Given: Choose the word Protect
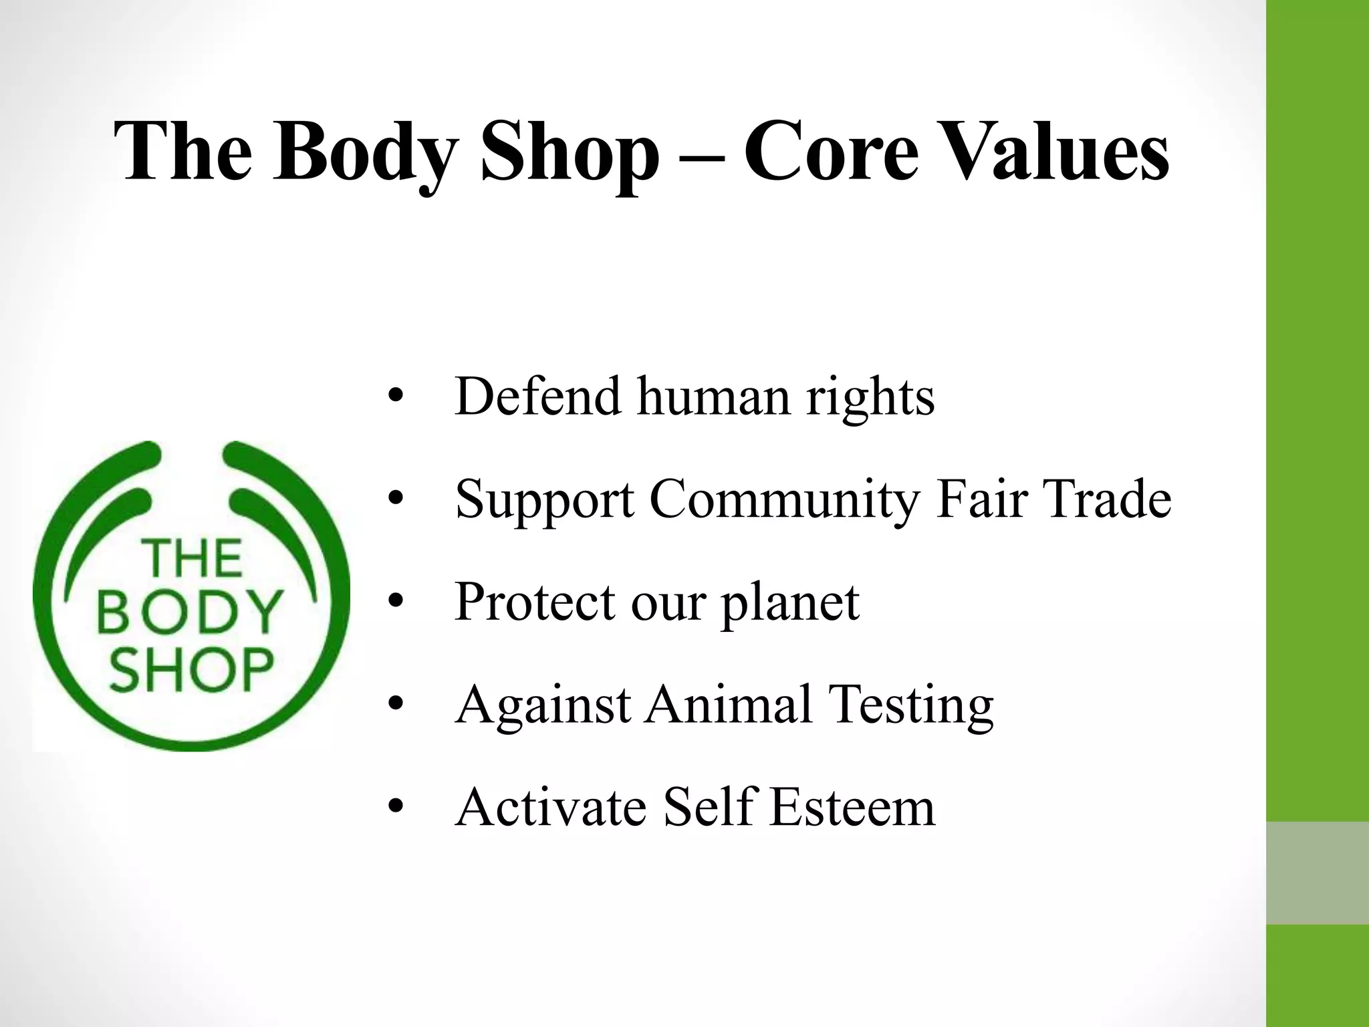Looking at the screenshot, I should pos(535,602).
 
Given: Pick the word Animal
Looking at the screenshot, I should pos(729,705).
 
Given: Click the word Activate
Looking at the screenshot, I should pos(551,807).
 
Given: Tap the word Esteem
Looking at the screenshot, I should pos(852,807).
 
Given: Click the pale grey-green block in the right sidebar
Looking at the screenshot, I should pos(1318,873).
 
